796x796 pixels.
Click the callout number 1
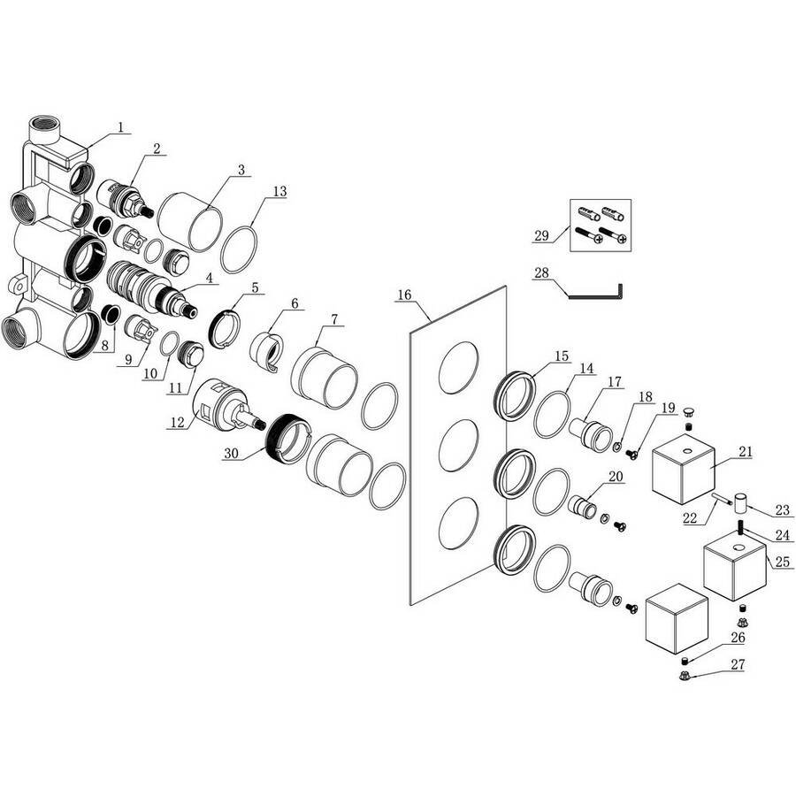pos(121,126)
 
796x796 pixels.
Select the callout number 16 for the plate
pos(404,295)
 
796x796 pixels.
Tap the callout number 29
pos(541,235)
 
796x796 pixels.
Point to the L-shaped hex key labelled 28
pos(595,294)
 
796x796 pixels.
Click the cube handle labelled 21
pos(684,469)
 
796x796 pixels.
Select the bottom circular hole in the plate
pos(458,523)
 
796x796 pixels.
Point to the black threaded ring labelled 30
pos(287,439)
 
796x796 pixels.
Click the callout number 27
pos(737,664)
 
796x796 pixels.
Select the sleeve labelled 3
pos(190,221)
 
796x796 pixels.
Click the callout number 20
pos(616,477)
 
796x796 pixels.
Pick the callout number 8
pos(104,346)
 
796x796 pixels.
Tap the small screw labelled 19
pos(632,454)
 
